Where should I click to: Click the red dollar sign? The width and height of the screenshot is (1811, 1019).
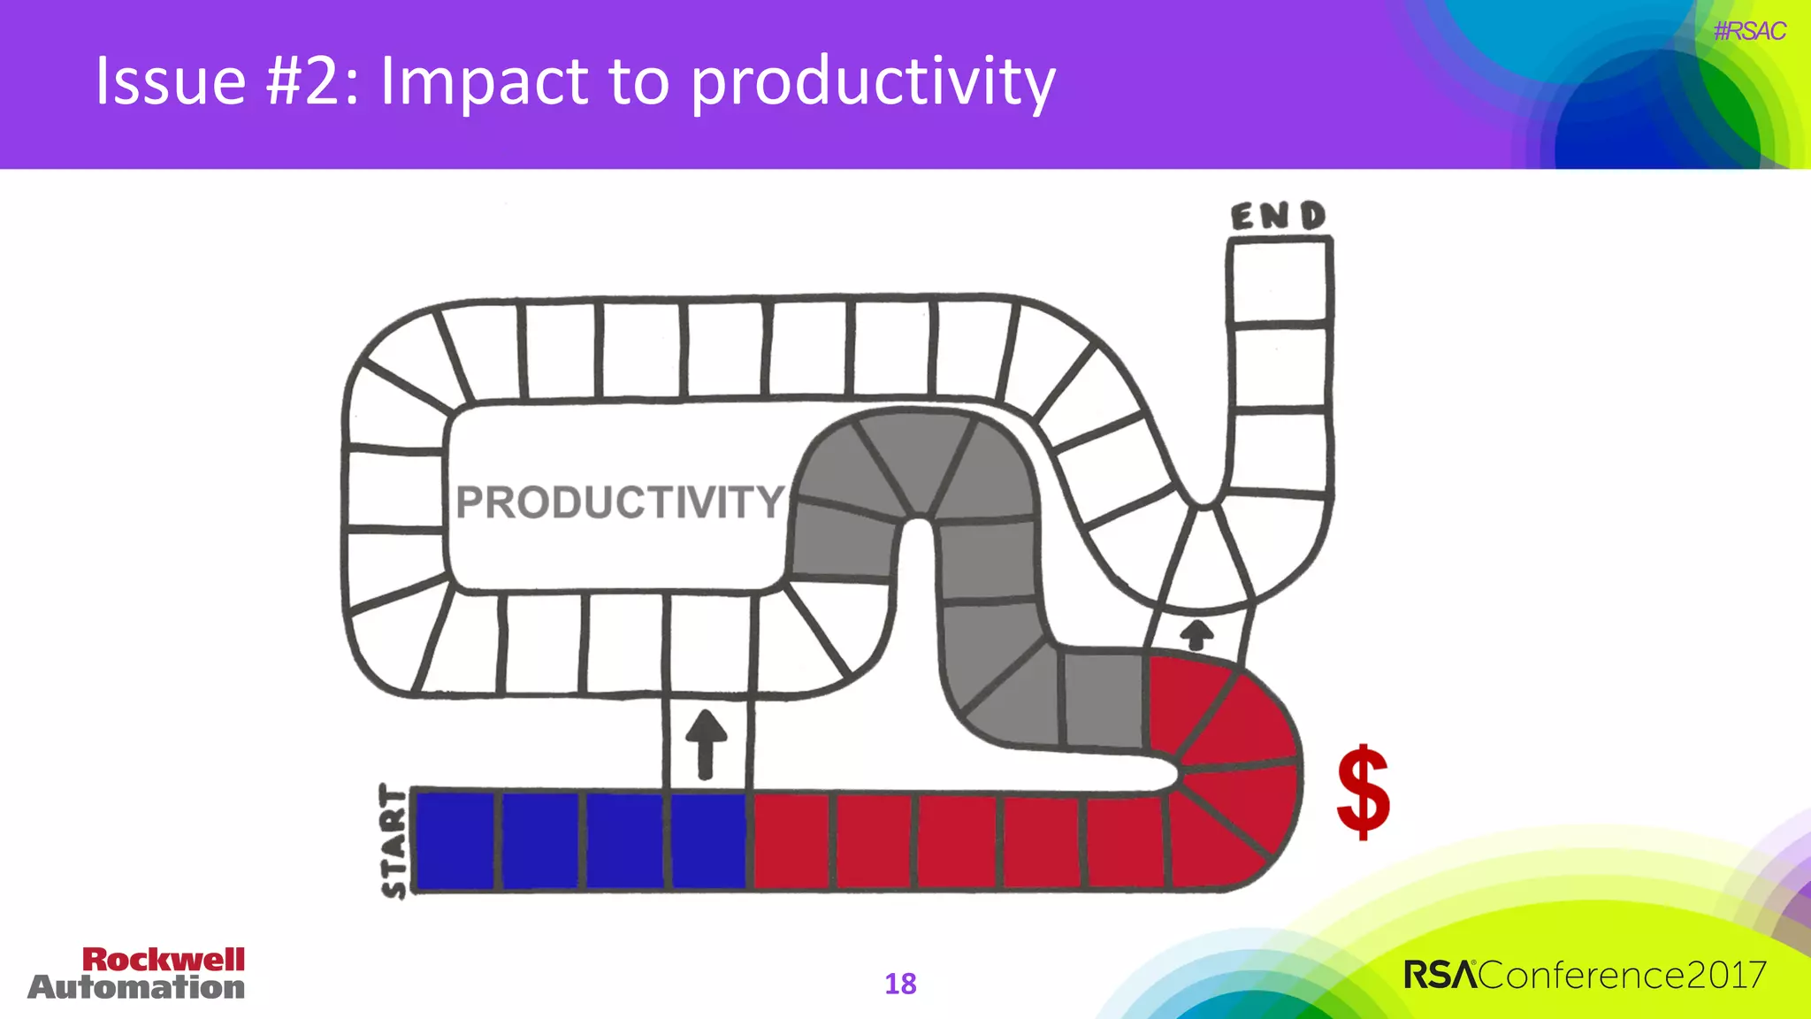point(1363,791)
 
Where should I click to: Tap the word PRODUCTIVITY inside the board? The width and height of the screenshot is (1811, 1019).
point(619,502)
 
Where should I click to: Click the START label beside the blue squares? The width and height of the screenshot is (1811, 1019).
point(394,840)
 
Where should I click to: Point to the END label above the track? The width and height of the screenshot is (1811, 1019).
point(1279,216)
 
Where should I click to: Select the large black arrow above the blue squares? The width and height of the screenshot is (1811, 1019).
point(706,743)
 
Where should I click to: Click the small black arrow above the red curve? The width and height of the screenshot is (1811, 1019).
point(1197,634)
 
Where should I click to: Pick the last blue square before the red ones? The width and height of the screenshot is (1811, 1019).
point(708,840)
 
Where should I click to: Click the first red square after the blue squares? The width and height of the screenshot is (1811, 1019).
point(791,840)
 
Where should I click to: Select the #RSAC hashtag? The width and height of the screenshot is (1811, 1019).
point(1749,32)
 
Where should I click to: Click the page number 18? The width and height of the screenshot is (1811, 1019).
point(900,984)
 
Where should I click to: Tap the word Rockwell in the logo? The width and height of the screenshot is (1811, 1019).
point(164,960)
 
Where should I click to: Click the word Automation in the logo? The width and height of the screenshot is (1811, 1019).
point(136,987)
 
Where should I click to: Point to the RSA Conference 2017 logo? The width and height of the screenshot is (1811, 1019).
point(1585,975)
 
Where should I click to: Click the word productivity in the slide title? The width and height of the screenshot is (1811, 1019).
point(873,81)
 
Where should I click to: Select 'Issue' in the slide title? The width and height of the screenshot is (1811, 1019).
point(171,81)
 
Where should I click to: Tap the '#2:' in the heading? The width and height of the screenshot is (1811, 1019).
point(314,81)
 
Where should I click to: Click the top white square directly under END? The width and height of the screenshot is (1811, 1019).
point(1280,281)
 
